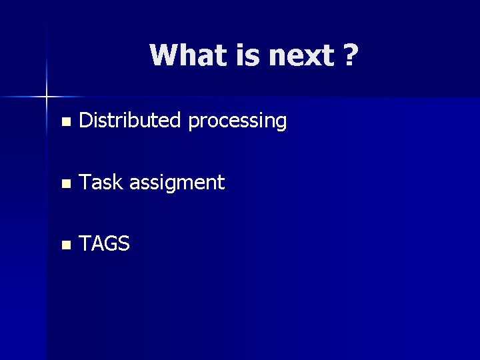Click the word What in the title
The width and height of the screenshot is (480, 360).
[x=189, y=55]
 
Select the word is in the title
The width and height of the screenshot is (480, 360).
[x=249, y=55]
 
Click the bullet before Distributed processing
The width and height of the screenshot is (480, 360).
[x=65, y=122]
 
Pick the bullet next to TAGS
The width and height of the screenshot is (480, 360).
[x=65, y=245]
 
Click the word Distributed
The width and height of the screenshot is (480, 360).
[x=130, y=121]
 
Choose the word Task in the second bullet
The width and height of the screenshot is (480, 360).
[x=101, y=182]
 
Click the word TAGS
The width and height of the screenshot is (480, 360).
[x=104, y=244]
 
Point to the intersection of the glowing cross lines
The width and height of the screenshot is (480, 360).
[x=47, y=97]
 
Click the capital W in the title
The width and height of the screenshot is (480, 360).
[x=164, y=55]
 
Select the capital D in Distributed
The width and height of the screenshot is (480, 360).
[x=85, y=121]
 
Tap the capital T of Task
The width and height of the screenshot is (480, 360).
[x=85, y=182]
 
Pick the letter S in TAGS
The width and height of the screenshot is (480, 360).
[x=123, y=244]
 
